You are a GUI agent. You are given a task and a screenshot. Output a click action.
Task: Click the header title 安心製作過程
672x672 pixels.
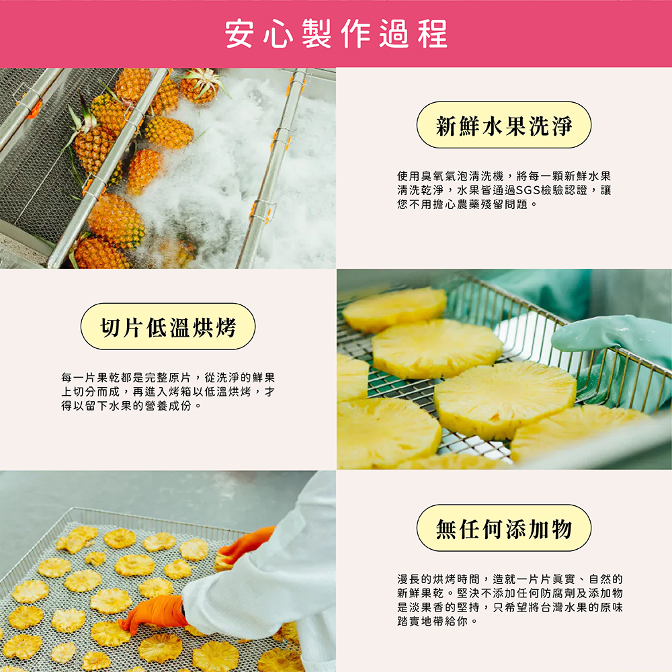[x=336, y=34]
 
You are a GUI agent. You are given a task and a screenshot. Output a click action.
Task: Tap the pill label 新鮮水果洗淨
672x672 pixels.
[x=503, y=125]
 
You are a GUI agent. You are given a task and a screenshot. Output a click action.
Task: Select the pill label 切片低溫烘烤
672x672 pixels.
[x=168, y=327]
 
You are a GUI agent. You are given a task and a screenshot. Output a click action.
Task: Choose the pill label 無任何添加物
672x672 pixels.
[x=503, y=528]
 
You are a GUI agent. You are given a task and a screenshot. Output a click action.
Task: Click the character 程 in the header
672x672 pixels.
[x=433, y=34]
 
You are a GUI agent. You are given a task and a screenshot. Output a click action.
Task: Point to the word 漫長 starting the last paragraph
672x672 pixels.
[x=409, y=579]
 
